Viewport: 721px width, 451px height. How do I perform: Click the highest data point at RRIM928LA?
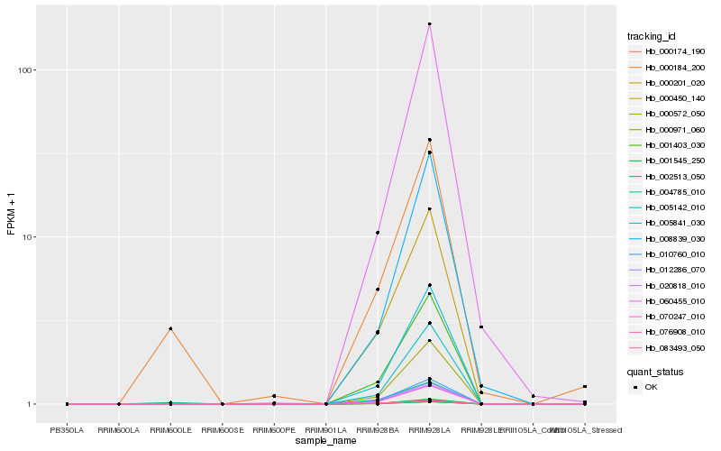pos(430,24)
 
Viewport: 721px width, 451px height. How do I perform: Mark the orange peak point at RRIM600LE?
pos(170,328)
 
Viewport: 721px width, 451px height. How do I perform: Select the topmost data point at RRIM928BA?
pos(378,233)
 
